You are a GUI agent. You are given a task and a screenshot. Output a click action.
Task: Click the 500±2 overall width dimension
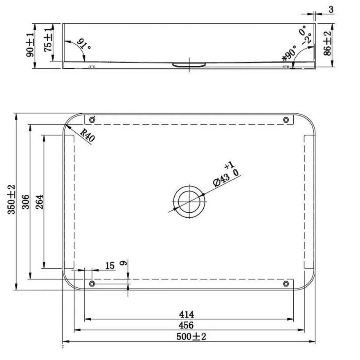pos(191,337)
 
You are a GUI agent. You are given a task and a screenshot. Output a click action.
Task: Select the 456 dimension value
pos(186,325)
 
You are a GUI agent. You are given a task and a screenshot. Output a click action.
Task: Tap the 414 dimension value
pos(187,314)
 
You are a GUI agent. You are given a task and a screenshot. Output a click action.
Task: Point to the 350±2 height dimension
pos(11,199)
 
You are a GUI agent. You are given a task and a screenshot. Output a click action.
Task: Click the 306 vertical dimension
pos(25,202)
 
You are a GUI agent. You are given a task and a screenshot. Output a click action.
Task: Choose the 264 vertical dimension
pos(39,202)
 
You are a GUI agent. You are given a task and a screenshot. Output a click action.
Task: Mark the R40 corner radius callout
pos(87,135)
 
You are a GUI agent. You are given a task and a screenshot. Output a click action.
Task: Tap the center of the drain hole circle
pos(189,202)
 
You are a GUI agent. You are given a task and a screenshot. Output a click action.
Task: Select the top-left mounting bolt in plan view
pos(92,119)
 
